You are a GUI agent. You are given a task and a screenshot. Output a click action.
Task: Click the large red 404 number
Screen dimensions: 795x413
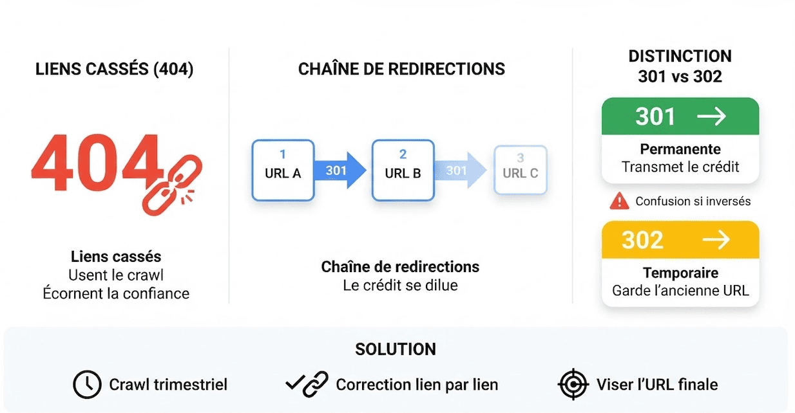(x=97, y=163)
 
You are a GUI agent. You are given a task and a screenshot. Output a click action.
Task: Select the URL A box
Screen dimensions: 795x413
(x=283, y=170)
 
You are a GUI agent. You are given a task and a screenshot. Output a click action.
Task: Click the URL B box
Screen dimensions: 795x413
(x=403, y=170)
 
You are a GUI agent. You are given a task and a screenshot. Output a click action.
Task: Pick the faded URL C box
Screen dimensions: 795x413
(x=521, y=170)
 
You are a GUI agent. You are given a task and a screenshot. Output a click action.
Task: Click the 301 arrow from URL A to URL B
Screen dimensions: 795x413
(x=340, y=170)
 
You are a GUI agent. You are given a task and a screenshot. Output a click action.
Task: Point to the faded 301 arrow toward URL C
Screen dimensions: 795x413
(x=461, y=170)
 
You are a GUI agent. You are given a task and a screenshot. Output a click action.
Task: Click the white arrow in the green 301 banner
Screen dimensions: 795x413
(x=711, y=116)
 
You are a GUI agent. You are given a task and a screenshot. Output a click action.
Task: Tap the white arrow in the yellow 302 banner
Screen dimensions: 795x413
(x=716, y=240)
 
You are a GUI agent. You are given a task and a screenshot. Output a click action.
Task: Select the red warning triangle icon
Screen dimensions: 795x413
(x=619, y=201)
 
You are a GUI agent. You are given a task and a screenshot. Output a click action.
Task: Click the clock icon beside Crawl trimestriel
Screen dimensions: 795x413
(x=88, y=385)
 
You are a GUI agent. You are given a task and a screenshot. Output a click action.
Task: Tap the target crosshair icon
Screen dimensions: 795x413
(x=573, y=384)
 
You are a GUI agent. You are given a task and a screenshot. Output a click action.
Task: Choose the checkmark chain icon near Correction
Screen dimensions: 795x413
(x=307, y=384)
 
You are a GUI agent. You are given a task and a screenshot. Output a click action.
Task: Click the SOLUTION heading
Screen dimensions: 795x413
(x=396, y=349)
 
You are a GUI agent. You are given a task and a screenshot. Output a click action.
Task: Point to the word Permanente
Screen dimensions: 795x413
(x=680, y=149)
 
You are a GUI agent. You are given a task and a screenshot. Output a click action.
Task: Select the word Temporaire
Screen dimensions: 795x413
(x=681, y=273)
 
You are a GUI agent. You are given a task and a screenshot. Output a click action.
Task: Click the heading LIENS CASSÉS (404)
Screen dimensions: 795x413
(x=114, y=69)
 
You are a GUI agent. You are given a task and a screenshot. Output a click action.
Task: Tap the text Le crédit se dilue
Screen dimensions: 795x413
(x=400, y=286)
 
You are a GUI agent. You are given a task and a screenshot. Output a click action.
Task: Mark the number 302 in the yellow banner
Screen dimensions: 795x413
(x=642, y=240)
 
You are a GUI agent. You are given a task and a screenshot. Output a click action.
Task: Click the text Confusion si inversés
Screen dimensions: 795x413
(x=693, y=201)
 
